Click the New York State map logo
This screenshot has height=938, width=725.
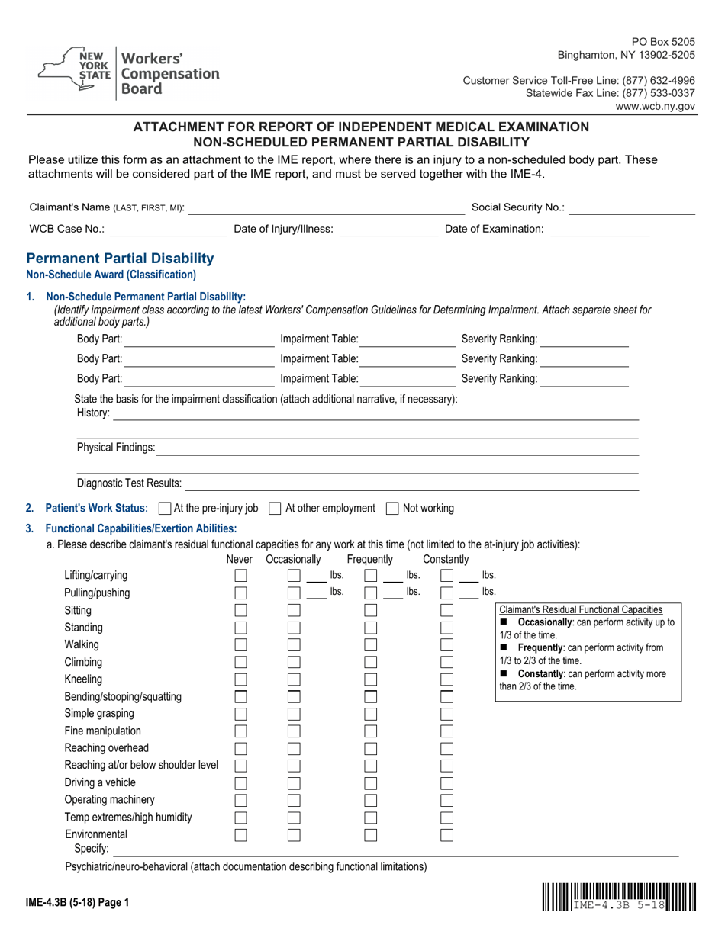[x=75, y=71]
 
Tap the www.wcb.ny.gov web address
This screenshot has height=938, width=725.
[x=656, y=107]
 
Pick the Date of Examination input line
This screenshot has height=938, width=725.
[x=600, y=229]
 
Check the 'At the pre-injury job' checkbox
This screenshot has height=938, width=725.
[x=164, y=509]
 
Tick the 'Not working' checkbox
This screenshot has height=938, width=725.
[x=393, y=509]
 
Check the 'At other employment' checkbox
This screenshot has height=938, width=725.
[x=275, y=509]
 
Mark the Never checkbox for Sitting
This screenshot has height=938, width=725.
[x=240, y=610]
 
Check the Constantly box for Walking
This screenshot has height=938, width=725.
[x=447, y=645]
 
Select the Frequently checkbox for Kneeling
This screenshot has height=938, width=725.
[x=371, y=679]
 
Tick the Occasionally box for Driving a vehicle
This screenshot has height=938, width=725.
[x=295, y=783]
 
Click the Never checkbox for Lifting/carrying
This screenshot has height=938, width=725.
[x=240, y=576]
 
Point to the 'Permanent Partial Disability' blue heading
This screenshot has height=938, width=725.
[x=120, y=259]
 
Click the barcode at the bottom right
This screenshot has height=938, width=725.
[x=620, y=898]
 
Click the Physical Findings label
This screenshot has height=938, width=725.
[x=116, y=448]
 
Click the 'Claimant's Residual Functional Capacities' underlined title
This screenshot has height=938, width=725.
[x=580, y=609]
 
